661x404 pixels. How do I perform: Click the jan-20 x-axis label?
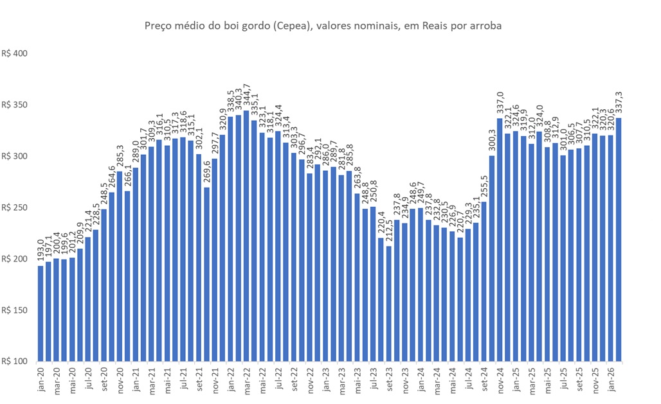[41, 376]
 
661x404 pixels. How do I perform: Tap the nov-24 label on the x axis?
[500, 376]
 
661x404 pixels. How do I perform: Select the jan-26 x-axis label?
[611, 376]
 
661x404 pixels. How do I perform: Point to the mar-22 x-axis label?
[246, 376]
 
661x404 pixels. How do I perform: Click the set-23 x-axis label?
[388, 376]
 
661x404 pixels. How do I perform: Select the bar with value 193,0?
[41, 313]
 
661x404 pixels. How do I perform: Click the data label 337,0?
[500, 103]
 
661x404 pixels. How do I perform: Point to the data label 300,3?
[492, 141]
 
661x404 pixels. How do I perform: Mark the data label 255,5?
[484, 187]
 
